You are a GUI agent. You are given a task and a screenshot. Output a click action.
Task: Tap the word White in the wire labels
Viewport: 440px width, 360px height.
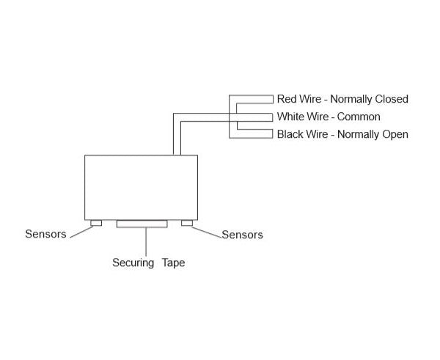point(290,117)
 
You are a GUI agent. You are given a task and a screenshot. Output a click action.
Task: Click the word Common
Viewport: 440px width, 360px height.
point(359,117)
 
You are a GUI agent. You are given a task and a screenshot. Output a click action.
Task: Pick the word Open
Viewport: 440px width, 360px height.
point(395,134)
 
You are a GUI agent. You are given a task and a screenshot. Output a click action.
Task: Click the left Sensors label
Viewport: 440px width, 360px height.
point(45,235)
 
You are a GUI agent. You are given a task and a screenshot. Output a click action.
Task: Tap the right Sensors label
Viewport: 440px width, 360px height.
point(242,235)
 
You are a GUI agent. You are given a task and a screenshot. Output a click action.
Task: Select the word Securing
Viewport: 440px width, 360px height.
point(133,262)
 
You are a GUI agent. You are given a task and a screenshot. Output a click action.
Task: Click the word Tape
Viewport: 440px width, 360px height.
point(173,262)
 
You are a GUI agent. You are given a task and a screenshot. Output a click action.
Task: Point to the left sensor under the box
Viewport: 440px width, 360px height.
point(95,223)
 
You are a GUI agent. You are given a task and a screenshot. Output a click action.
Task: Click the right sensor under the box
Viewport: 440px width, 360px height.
point(187,223)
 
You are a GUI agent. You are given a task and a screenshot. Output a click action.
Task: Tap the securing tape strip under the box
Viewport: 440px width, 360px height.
point(142,224)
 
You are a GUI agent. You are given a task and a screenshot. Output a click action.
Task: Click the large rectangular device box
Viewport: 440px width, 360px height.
point(142,187)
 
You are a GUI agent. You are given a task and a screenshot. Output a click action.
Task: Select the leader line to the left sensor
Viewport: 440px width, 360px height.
point(80,231)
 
